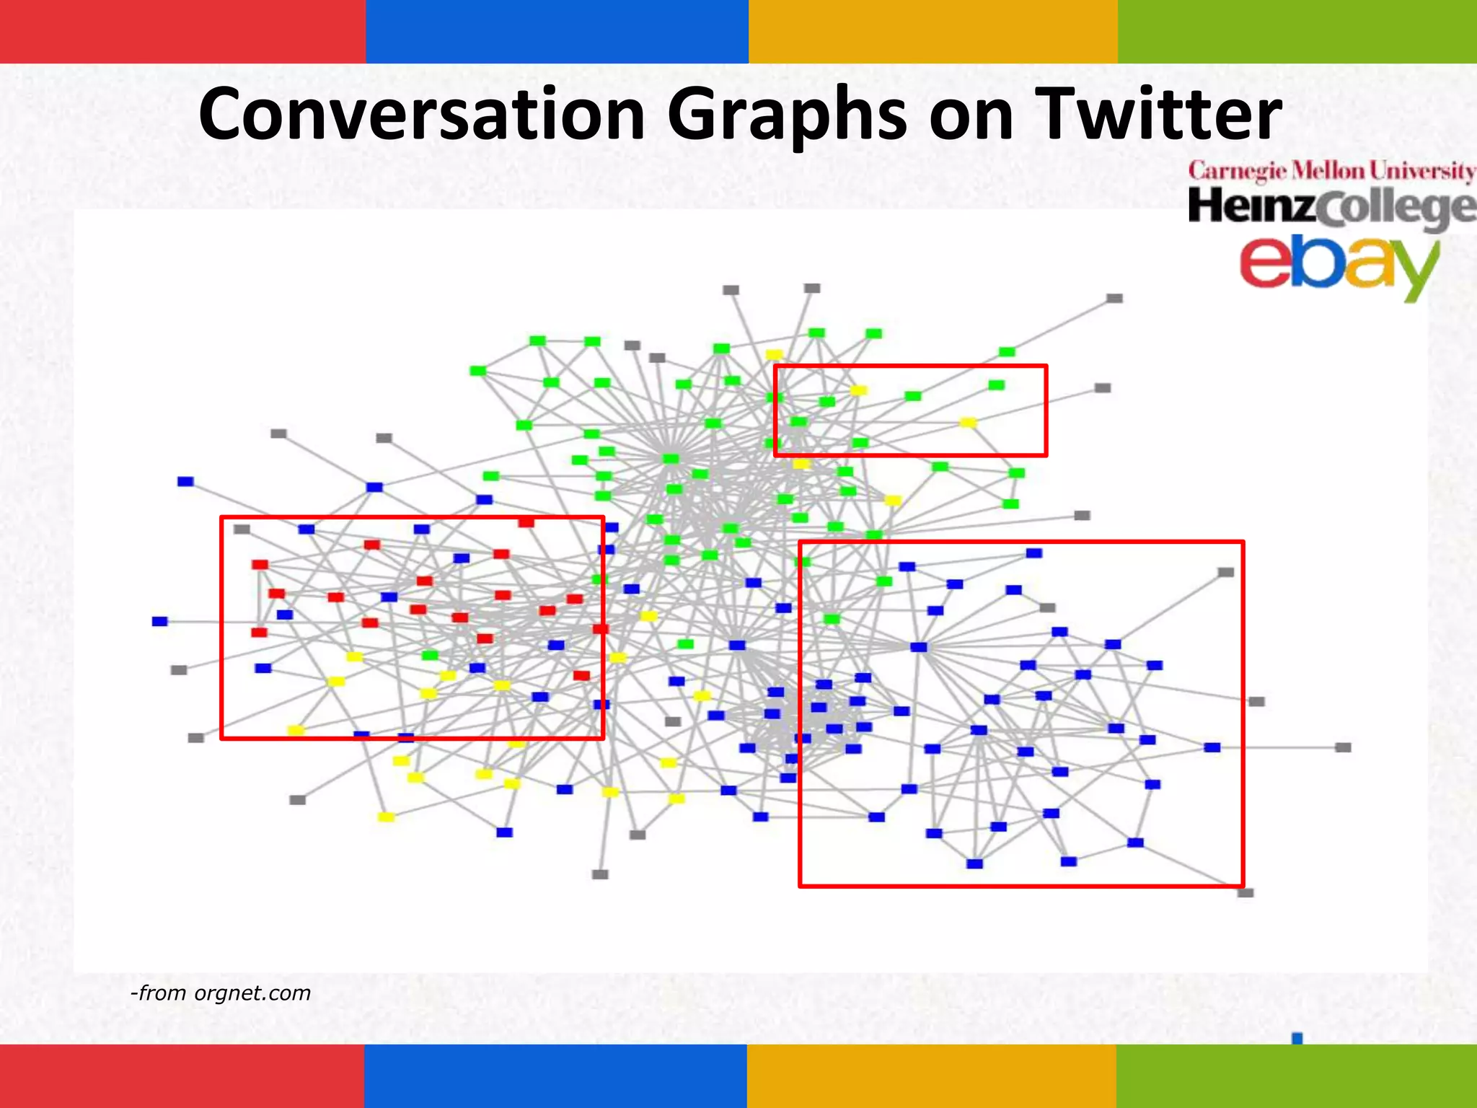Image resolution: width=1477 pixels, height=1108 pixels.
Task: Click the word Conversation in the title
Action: [421, 114]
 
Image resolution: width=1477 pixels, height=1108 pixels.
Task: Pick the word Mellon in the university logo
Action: [1328, 171]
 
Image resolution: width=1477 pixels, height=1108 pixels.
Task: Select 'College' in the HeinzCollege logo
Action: [1396, 209]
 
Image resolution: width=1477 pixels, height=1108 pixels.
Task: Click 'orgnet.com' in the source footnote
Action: [252, 993]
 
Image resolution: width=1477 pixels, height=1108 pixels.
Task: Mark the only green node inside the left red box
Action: [430, 655]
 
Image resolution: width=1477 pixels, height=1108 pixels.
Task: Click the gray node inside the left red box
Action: [242, 529]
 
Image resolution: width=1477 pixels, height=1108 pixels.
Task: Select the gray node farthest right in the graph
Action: [1343, 747]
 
